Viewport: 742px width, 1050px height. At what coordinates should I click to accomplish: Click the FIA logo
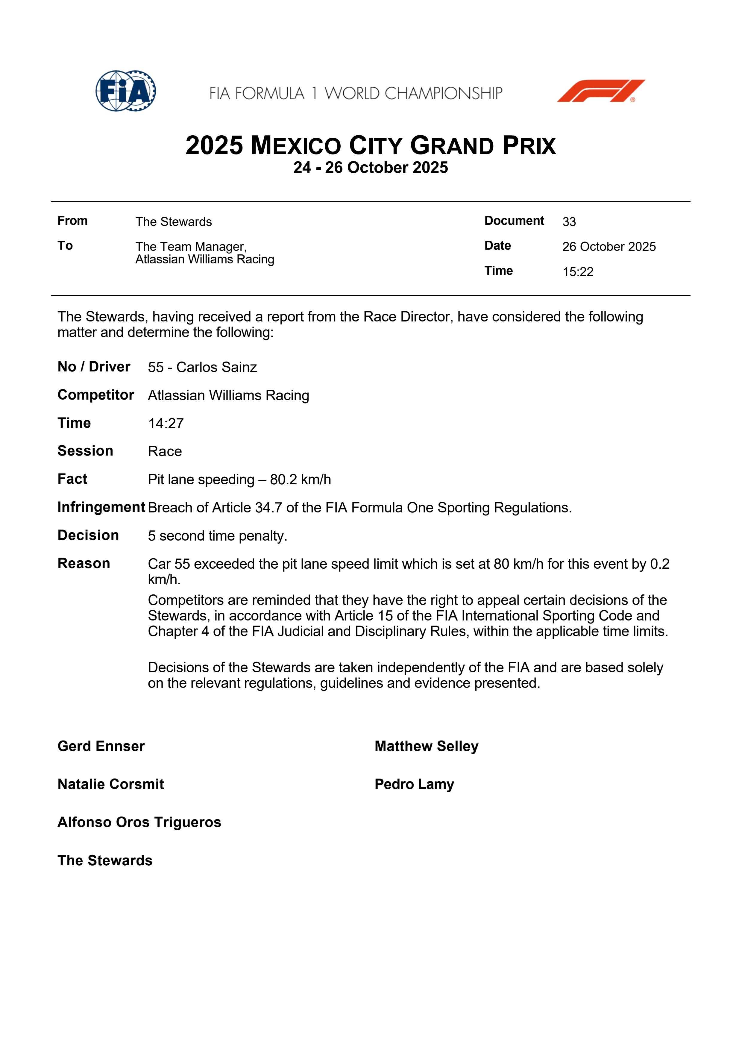125,91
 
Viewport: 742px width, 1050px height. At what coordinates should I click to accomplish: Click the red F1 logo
600,91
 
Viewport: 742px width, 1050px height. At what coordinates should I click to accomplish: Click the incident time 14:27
166,424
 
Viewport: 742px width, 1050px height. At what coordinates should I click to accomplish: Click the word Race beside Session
165,451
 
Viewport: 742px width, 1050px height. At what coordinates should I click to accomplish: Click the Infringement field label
101,507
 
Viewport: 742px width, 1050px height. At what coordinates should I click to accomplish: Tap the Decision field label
88,535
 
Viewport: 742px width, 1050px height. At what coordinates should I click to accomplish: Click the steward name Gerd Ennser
101,746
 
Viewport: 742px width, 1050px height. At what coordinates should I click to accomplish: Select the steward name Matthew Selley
426,746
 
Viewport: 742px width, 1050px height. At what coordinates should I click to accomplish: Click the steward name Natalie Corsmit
111,784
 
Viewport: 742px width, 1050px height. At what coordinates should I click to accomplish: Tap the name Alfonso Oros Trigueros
139,822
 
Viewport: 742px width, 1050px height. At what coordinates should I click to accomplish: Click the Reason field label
84,563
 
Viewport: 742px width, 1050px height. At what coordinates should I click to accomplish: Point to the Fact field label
72,479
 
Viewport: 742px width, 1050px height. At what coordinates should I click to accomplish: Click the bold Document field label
514,221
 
